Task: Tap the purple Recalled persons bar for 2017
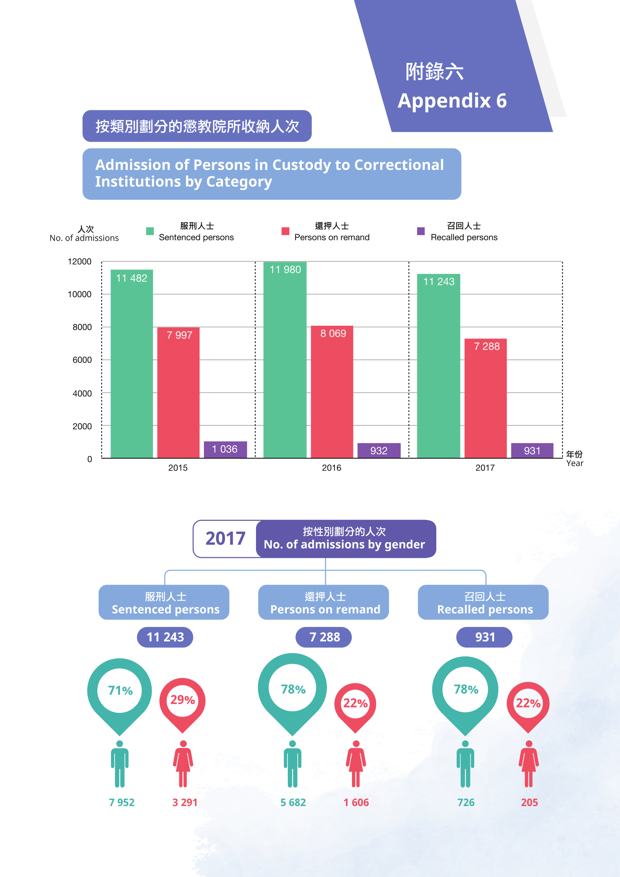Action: pyautogui.click(x=532, y=450)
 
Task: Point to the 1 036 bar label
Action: pyautogui.click(x=225, y=449)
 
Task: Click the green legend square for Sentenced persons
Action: pyautogui.click(x=150, y=231)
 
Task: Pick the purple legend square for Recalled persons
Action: pyautogui.click(x=421, y=231)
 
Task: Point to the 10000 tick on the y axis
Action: pyautogui.click(x=79, y=294)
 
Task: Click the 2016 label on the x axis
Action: pyautogui.click(x=331, y=468)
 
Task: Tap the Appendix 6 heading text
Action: pyautogui.click(x=452, y=101)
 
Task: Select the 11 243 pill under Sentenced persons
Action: pyautogui.click(x=165, y=637)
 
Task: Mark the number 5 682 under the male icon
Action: pyautogui.click(x=293, y=802)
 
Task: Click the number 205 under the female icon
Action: pyautogui.click(x=529, y=802)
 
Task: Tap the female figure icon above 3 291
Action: pyautogui.click(x=183, y=763)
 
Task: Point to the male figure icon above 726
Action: pyautogui.click(x=466, y=763)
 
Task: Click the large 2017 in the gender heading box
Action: pyautogui.click(x=225, y=538)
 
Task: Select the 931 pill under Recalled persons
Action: pyautogui.click(x=484, y=637)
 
